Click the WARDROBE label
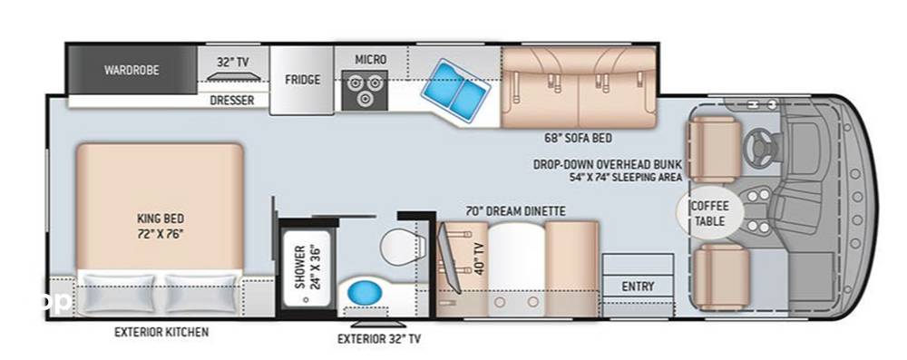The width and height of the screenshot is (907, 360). [132, 70]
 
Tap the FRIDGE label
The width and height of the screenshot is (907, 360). [302, 80]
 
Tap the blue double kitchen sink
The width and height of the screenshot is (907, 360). [457, 90]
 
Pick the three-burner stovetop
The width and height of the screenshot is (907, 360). [364, 89]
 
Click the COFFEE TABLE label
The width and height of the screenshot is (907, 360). [710, 214]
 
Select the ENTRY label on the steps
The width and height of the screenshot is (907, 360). [638, 287]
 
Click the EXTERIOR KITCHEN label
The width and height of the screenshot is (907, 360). [161, 332]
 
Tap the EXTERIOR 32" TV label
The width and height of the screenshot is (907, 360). [379, 339]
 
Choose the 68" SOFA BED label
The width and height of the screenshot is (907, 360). [578, 139]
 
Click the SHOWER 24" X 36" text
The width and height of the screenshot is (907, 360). [307, 268]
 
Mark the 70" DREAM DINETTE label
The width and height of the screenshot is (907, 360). [516, 211]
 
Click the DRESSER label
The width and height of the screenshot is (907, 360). [232, 101]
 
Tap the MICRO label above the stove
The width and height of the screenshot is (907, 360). [371, 60]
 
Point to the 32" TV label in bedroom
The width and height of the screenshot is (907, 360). [233, 62]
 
